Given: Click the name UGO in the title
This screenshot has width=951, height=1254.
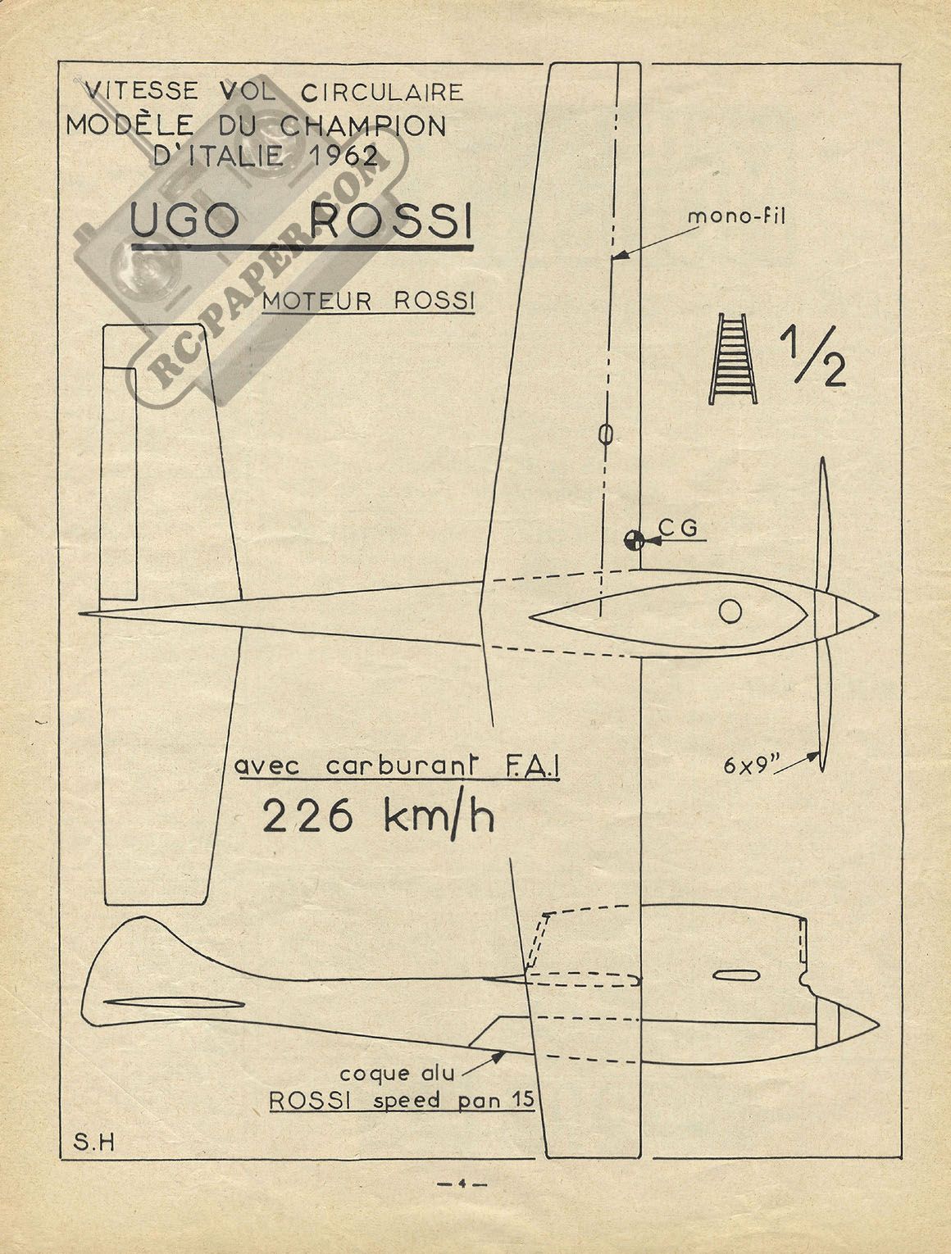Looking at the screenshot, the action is tap(184, 220).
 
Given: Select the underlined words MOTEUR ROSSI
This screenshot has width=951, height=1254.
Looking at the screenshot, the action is tap(368, 301).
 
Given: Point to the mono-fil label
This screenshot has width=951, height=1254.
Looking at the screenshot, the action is tap(736, 216).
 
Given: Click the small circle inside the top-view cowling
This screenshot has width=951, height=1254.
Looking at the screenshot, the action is tap(730, 611).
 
